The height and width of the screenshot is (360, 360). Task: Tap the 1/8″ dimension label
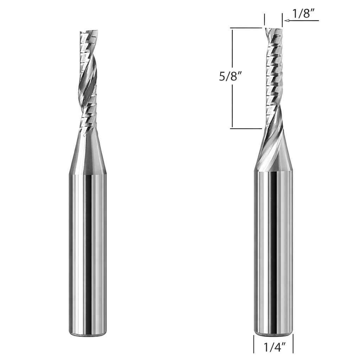[x=303, y=14]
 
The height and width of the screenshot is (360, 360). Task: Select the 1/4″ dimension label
[x=274, y=348]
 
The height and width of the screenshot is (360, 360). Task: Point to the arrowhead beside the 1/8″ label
[x=287, y=21]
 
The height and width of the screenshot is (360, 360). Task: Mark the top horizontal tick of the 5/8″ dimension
[x=246, y=28]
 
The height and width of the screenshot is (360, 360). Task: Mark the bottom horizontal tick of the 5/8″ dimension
[x=246, y=128]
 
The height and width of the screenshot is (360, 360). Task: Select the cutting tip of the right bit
[x=273, y=30]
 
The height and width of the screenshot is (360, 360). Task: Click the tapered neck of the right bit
[x=274, y=151]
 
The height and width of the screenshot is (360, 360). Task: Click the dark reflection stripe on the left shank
[x=89, y=253]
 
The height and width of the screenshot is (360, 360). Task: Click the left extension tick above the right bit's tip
[x=264, y=19]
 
